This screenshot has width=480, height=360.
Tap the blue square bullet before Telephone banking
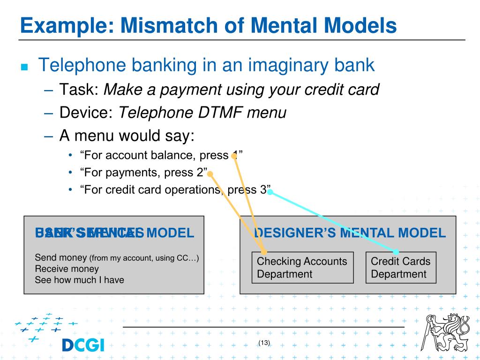click(x=25, y=67)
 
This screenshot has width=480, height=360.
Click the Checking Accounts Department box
click(x=302, y=268)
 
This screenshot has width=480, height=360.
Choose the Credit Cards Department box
click(x=400, y=268)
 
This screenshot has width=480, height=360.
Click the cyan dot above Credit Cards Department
click(x=396, y=252)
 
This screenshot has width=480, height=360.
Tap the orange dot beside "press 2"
click(x=210, y=174)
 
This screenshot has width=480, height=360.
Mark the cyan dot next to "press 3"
click(x=270, y=192)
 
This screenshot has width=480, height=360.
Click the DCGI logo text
click(x=83, y=345)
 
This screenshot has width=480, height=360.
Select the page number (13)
click(x=264, y=343)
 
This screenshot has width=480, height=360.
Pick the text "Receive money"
click(x=67, y=269)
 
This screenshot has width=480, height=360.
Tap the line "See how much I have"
click(x=79, y=280)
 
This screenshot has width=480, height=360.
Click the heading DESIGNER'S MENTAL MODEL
click(x=349, y=233)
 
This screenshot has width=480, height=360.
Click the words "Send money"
click(x=61, y=258)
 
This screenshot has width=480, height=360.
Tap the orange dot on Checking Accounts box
click(x=263, y=252)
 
